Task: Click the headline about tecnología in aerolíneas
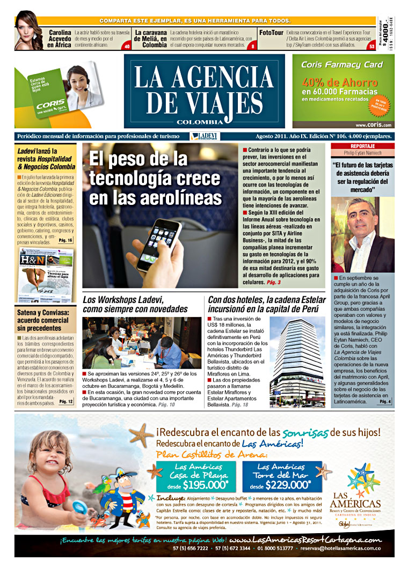[148, 178]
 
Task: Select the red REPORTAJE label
[362, 146]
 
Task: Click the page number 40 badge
[127, 47]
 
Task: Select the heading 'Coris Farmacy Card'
[342, 65]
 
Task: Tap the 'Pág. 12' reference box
[66, 401]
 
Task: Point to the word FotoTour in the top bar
[272, 32]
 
